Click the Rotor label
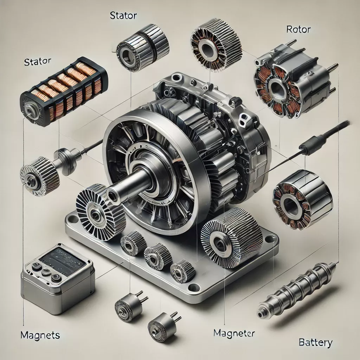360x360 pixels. point(298,30)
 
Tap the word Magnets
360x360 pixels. point(40,335)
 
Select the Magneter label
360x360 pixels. point(234,333)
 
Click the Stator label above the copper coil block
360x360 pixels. point(37,62)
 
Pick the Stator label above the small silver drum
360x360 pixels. point(123,15)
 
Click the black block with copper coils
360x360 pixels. point(64,92)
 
